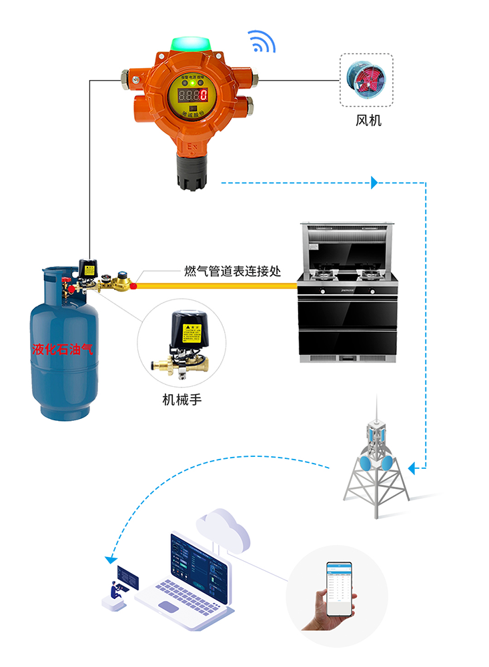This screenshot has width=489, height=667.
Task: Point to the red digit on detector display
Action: point(203,95)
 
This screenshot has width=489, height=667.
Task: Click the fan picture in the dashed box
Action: point(366,81)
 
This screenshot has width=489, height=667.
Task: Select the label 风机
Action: point(368,121)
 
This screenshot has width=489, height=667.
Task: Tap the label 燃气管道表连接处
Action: point(232,271)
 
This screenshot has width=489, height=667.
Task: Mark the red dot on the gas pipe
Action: point(133,286)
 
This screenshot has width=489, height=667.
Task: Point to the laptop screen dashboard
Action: point(200,563)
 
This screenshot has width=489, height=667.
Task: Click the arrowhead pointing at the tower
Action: point(412,469)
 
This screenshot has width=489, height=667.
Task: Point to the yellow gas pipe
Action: point(220,286)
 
